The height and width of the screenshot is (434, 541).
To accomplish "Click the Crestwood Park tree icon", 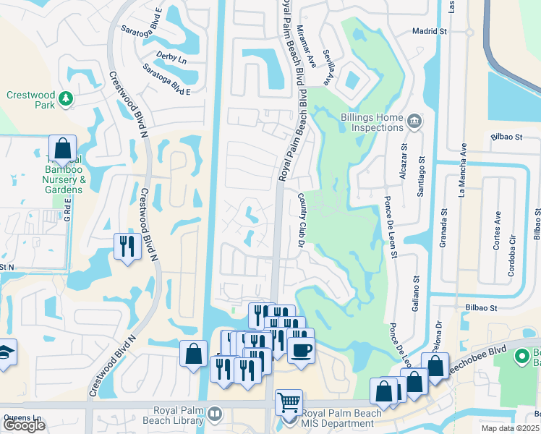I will click(x=65, y=98).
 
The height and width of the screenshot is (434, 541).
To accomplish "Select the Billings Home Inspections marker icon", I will click(x=414, y=120).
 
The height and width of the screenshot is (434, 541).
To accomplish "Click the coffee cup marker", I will click(x=301, y=350).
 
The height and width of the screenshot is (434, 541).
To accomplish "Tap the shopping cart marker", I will click(x=289, y=401).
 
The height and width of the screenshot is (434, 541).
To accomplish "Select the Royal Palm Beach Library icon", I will click(x=214, y=414).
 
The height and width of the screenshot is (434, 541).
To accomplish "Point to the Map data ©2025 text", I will click(x=511, y=428).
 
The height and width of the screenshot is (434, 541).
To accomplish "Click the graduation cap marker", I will click(x=4, y=354).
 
